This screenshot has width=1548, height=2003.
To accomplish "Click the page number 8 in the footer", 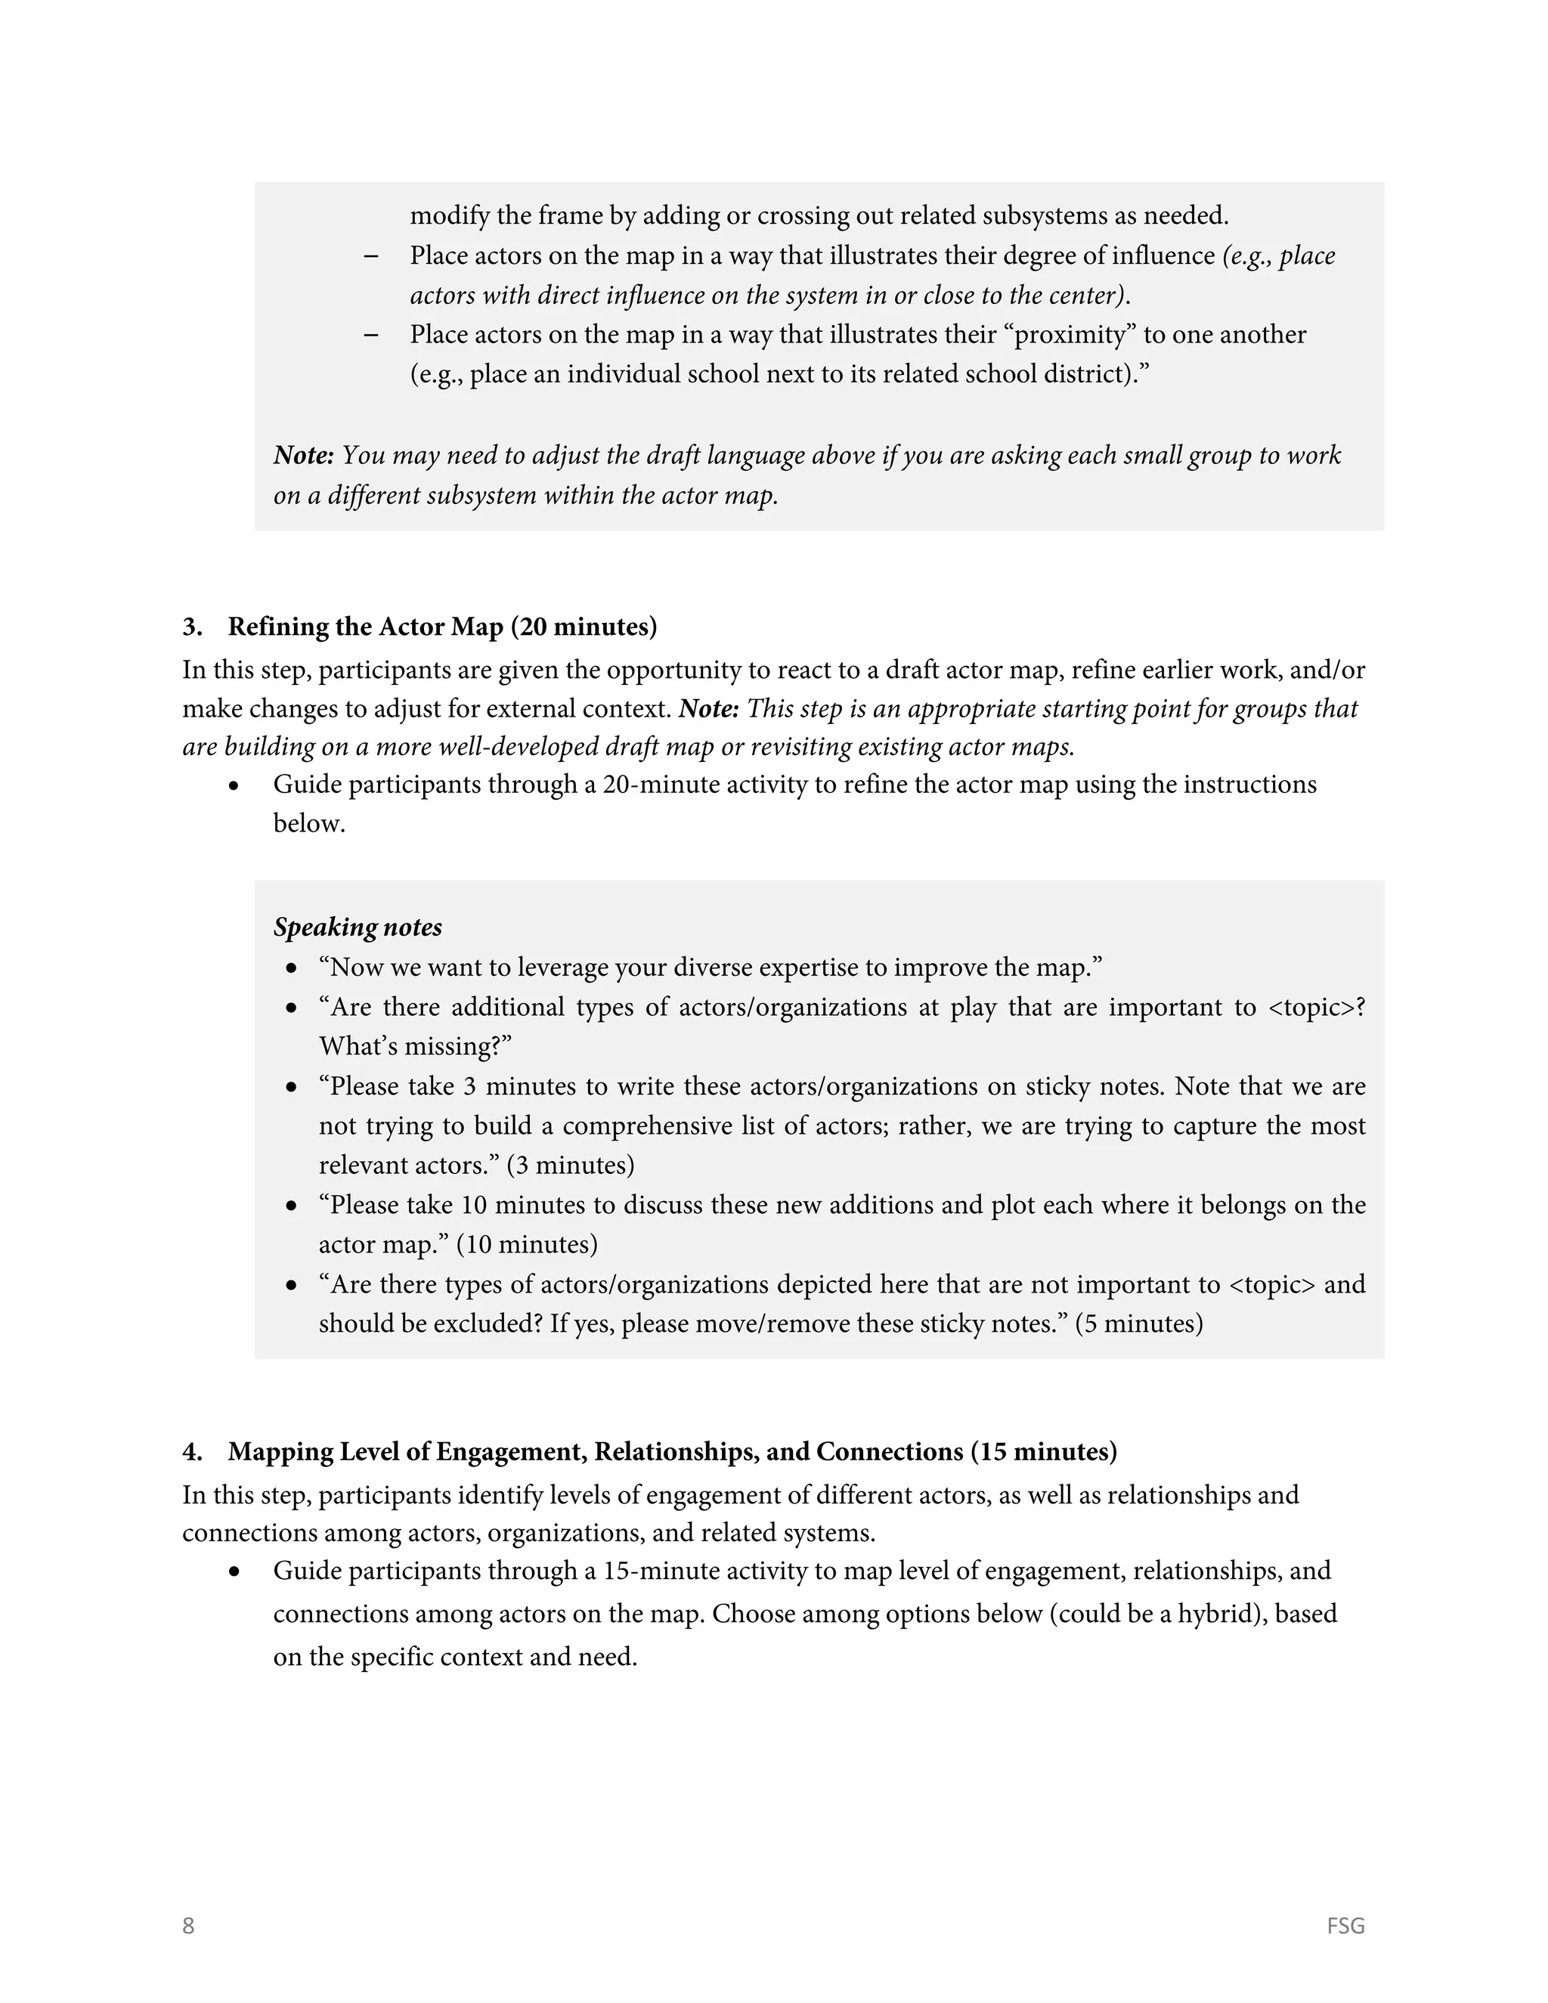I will (x=188, y=1925).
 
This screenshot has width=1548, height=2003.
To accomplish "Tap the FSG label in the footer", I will (x=1345, y=1925).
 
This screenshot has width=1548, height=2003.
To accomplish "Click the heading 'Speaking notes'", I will (x=358, y=927).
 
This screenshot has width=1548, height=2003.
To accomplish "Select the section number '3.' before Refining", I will (x=192, y=627).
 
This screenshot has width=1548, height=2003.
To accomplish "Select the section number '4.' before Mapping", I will (x=192, y=1452).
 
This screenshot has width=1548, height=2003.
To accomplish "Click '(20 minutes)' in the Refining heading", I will (x=584, y=627).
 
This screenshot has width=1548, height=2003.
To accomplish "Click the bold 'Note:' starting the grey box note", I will (x=304, y=456).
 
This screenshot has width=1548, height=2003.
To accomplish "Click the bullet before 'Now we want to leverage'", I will (x=292, y=968).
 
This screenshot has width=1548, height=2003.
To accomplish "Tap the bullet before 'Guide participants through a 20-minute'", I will (x=236, y=786).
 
